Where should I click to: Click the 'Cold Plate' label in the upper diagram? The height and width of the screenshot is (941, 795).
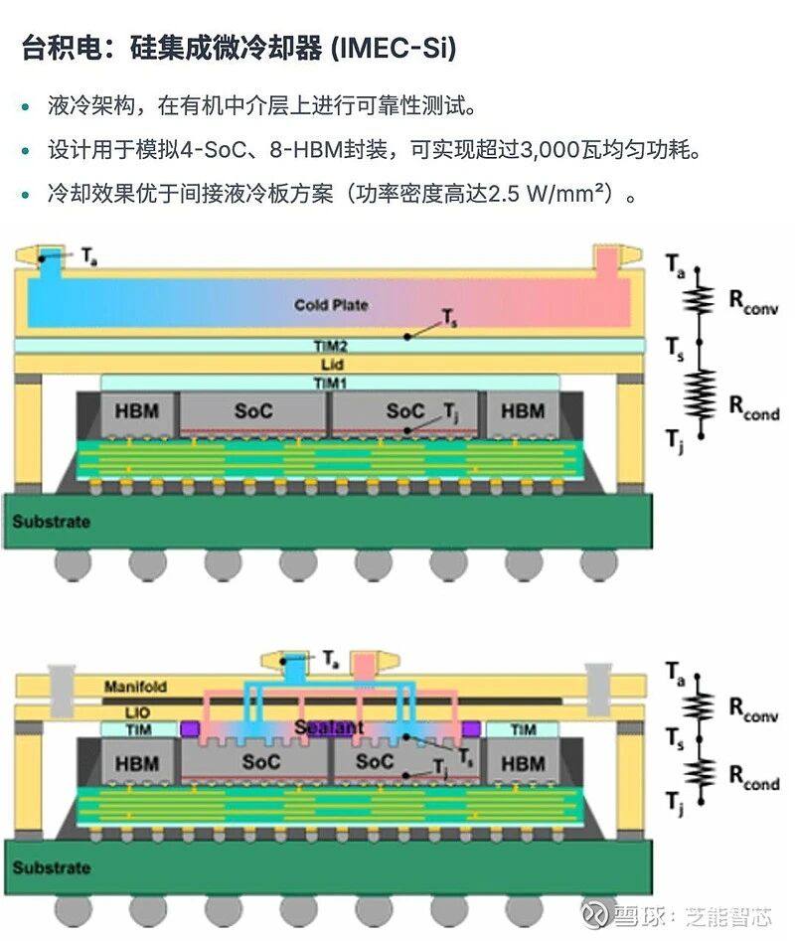[x=330, y=304]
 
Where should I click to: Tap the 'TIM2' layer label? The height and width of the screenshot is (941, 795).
[x=330, y=347]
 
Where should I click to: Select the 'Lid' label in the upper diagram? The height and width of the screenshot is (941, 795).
[x=330, y=365]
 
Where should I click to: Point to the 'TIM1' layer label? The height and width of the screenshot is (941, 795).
[x=330, y=383]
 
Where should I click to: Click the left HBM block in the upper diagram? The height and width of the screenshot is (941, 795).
[x=135, y=411]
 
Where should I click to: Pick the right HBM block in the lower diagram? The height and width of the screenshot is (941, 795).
[x=523, y=764]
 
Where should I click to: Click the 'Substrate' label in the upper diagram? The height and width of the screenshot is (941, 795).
[x=51, y=522]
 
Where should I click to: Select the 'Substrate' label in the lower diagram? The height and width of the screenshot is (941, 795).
[x=51, y=867]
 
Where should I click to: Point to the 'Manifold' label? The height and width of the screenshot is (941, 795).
[x=135, y=687]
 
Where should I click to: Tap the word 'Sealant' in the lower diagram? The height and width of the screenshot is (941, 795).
[x=329, y=727]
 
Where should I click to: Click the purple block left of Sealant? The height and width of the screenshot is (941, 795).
[x=188, y=729]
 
